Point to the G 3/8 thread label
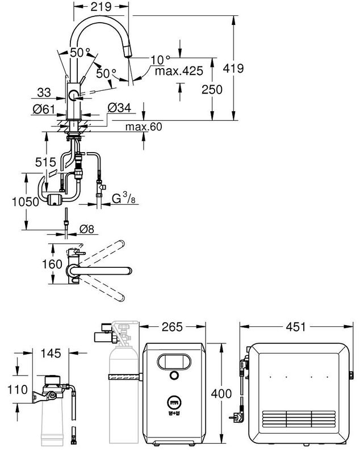coord(123,199)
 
